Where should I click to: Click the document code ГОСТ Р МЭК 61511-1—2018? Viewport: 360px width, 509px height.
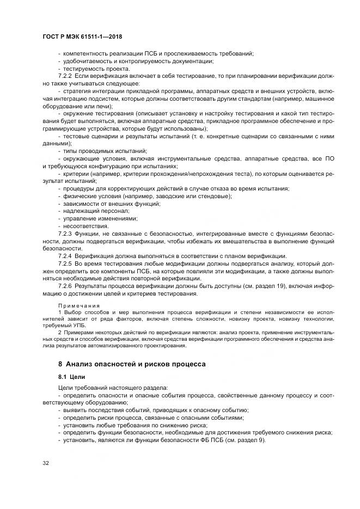(82, 36)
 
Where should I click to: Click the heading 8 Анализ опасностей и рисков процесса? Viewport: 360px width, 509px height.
(132, 363)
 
